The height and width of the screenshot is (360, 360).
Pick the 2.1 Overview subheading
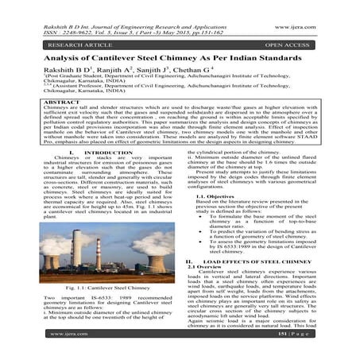(x=204, y=288)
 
